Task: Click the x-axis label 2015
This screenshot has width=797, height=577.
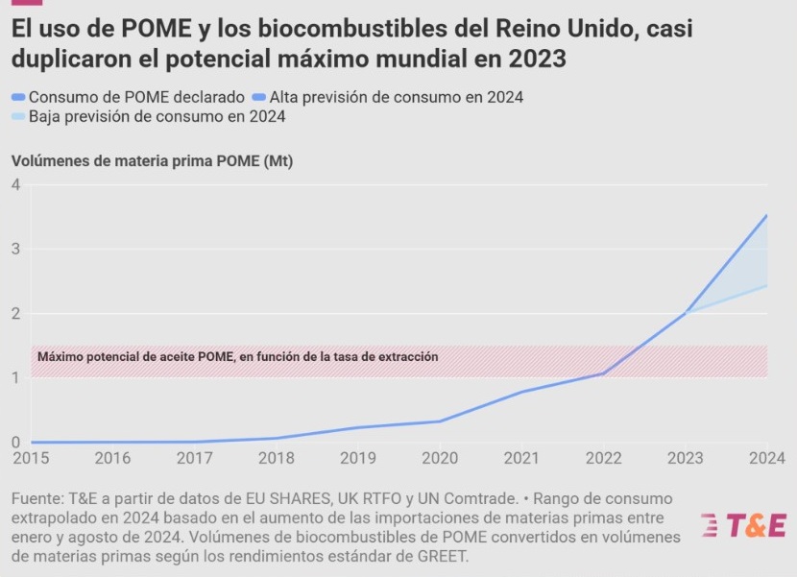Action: [x=31, y=458]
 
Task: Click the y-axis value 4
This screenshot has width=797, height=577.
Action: [x=15, y=184]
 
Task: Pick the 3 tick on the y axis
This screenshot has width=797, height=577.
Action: [x=15, y=250]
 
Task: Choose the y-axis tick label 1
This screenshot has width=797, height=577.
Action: [x=15, y=378]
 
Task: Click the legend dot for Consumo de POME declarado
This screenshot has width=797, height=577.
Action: [x=18, y=97]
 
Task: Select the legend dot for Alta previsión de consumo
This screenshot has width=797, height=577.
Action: [x=260, y=97]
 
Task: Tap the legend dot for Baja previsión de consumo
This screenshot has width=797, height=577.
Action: [x=18, y=117]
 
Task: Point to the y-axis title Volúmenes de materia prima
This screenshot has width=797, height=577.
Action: [x=152, y=161]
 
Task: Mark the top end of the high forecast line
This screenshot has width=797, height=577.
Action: [x=766, y=215]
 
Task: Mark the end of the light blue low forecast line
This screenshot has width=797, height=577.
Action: [x=766, y=285]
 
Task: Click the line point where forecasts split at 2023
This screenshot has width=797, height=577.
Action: [x=686, y=313]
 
